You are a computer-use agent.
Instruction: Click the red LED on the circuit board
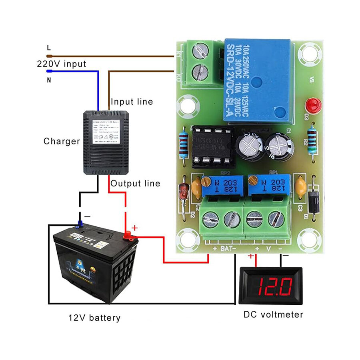313,106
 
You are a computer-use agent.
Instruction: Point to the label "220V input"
61,64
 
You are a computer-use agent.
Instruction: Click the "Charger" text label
62,141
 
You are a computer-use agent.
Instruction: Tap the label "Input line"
132,102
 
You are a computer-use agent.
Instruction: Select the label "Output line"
135,184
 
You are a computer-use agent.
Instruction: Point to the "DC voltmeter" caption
273,315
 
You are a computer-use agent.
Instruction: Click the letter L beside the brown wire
49,48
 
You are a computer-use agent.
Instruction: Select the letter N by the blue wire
49,80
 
